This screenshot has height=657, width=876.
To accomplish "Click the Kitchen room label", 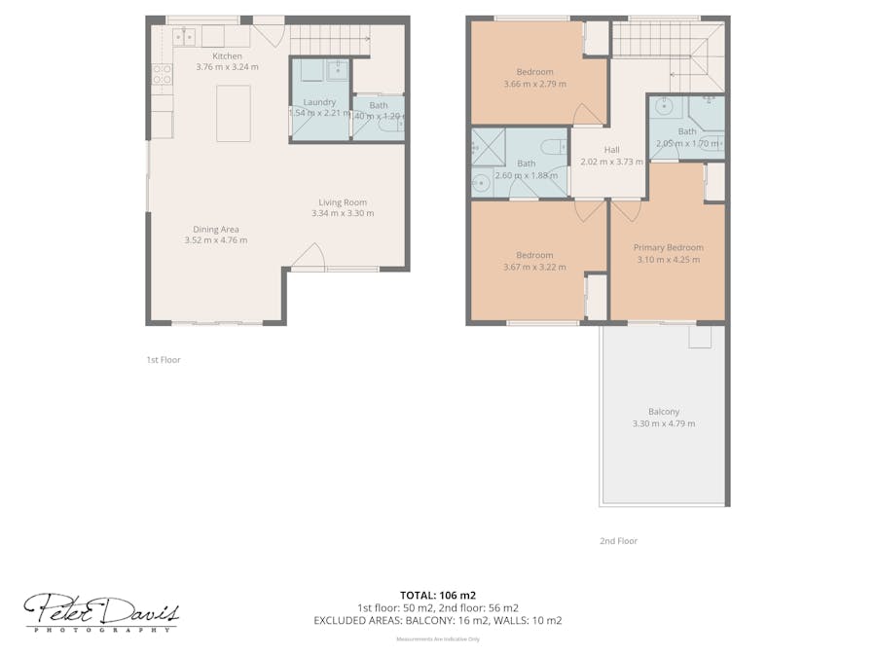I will [227, 56].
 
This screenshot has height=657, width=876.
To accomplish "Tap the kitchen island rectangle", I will [234, 114].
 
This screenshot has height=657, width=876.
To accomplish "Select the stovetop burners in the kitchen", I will [162, 74].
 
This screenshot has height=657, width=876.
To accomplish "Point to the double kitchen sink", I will [184, 37].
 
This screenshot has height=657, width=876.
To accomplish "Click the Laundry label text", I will [319, 102].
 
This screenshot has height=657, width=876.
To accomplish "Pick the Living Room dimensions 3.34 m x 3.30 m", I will [343, 213].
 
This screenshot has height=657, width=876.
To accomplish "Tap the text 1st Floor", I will [164, 360].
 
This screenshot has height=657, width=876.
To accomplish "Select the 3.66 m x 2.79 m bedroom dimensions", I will [534, 84].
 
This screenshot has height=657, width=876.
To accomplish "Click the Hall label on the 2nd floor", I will [611, 149].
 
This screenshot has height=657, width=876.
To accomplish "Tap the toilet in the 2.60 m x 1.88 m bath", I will [552, 148].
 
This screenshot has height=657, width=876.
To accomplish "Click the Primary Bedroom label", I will [668, 247].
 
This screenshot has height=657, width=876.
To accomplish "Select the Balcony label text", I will [664, 411].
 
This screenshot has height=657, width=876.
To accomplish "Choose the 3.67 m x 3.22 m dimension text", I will [534, 267].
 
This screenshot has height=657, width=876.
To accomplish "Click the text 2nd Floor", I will [618, 541].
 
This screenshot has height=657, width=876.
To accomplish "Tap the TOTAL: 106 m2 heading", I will [437, 594].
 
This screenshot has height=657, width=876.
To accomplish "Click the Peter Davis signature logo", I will [101, 612].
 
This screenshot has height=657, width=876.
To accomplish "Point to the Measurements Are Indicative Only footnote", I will [437, 639].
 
